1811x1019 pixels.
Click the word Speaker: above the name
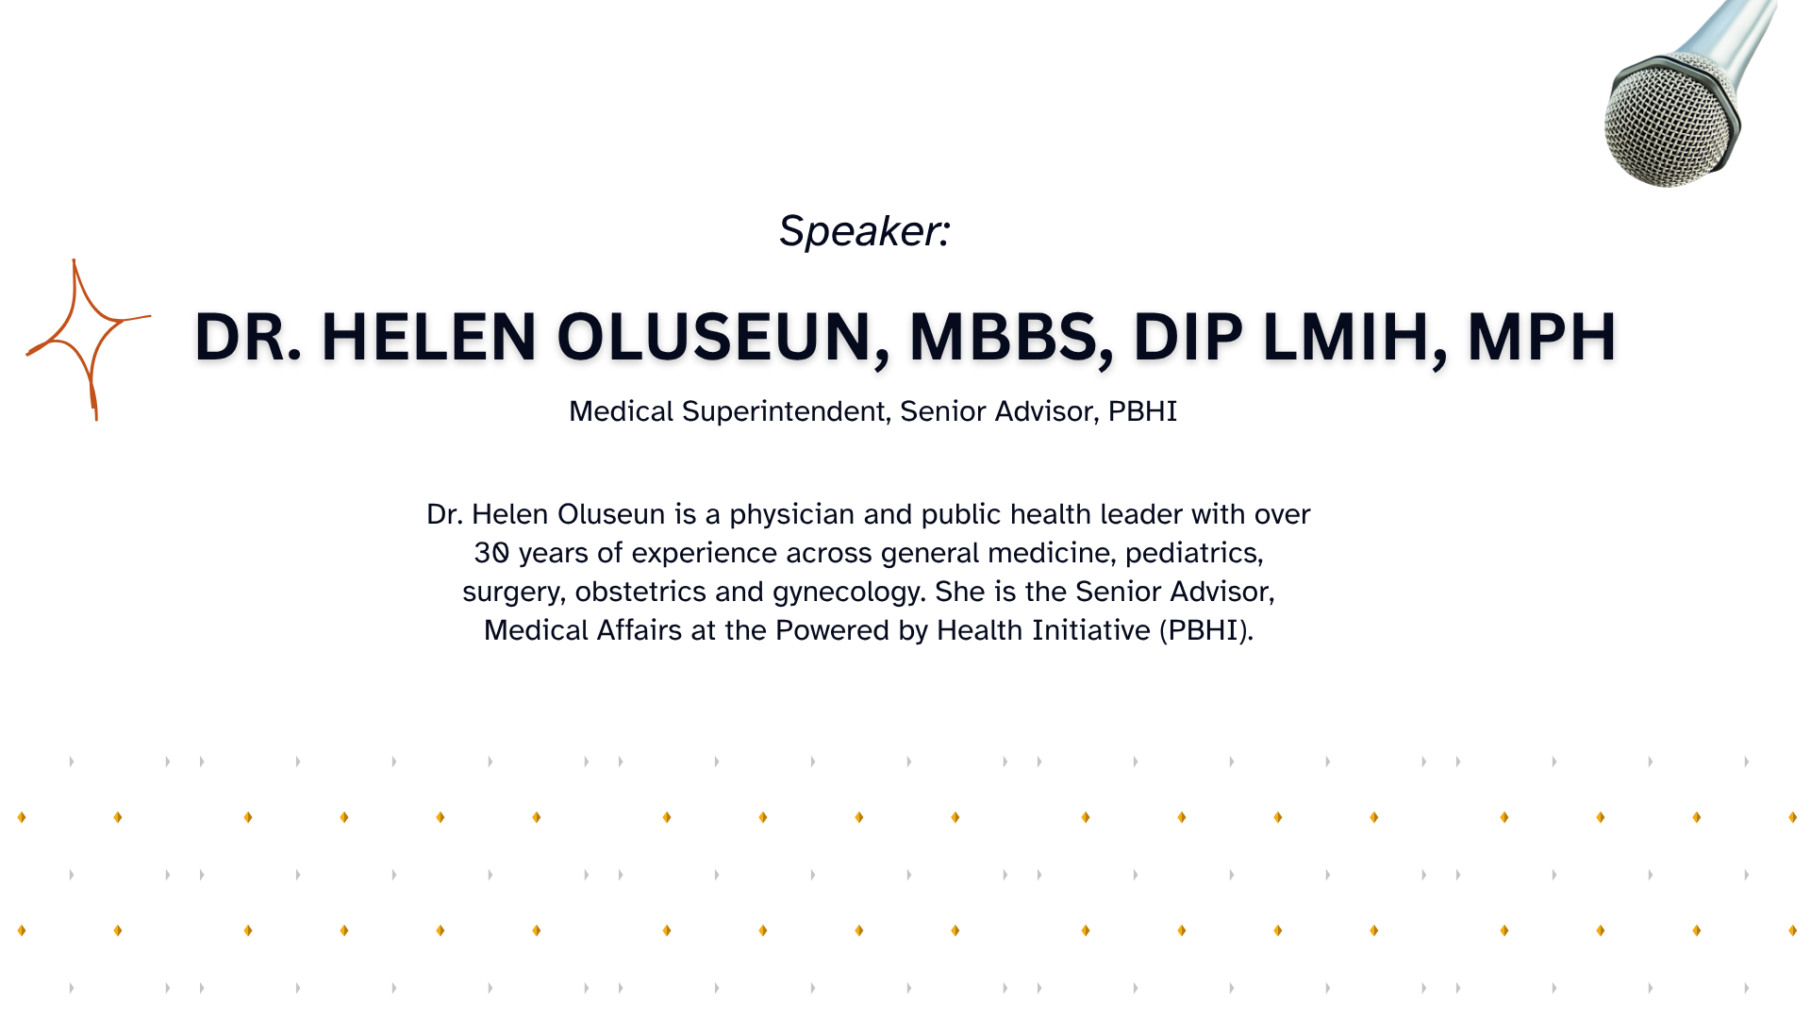click(864, 231)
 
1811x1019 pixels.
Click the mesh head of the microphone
click(1668, 121)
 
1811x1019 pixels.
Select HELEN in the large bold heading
click(429, 337)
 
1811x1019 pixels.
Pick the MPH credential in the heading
click(1541, 337)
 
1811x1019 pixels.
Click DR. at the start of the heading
click(248, 337)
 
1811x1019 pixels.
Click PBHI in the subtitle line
click(1142, 411)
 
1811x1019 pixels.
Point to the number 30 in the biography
click(491, 553)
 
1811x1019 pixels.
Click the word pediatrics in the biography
click(1194, 554)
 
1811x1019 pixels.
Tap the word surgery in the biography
click(514, 593)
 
